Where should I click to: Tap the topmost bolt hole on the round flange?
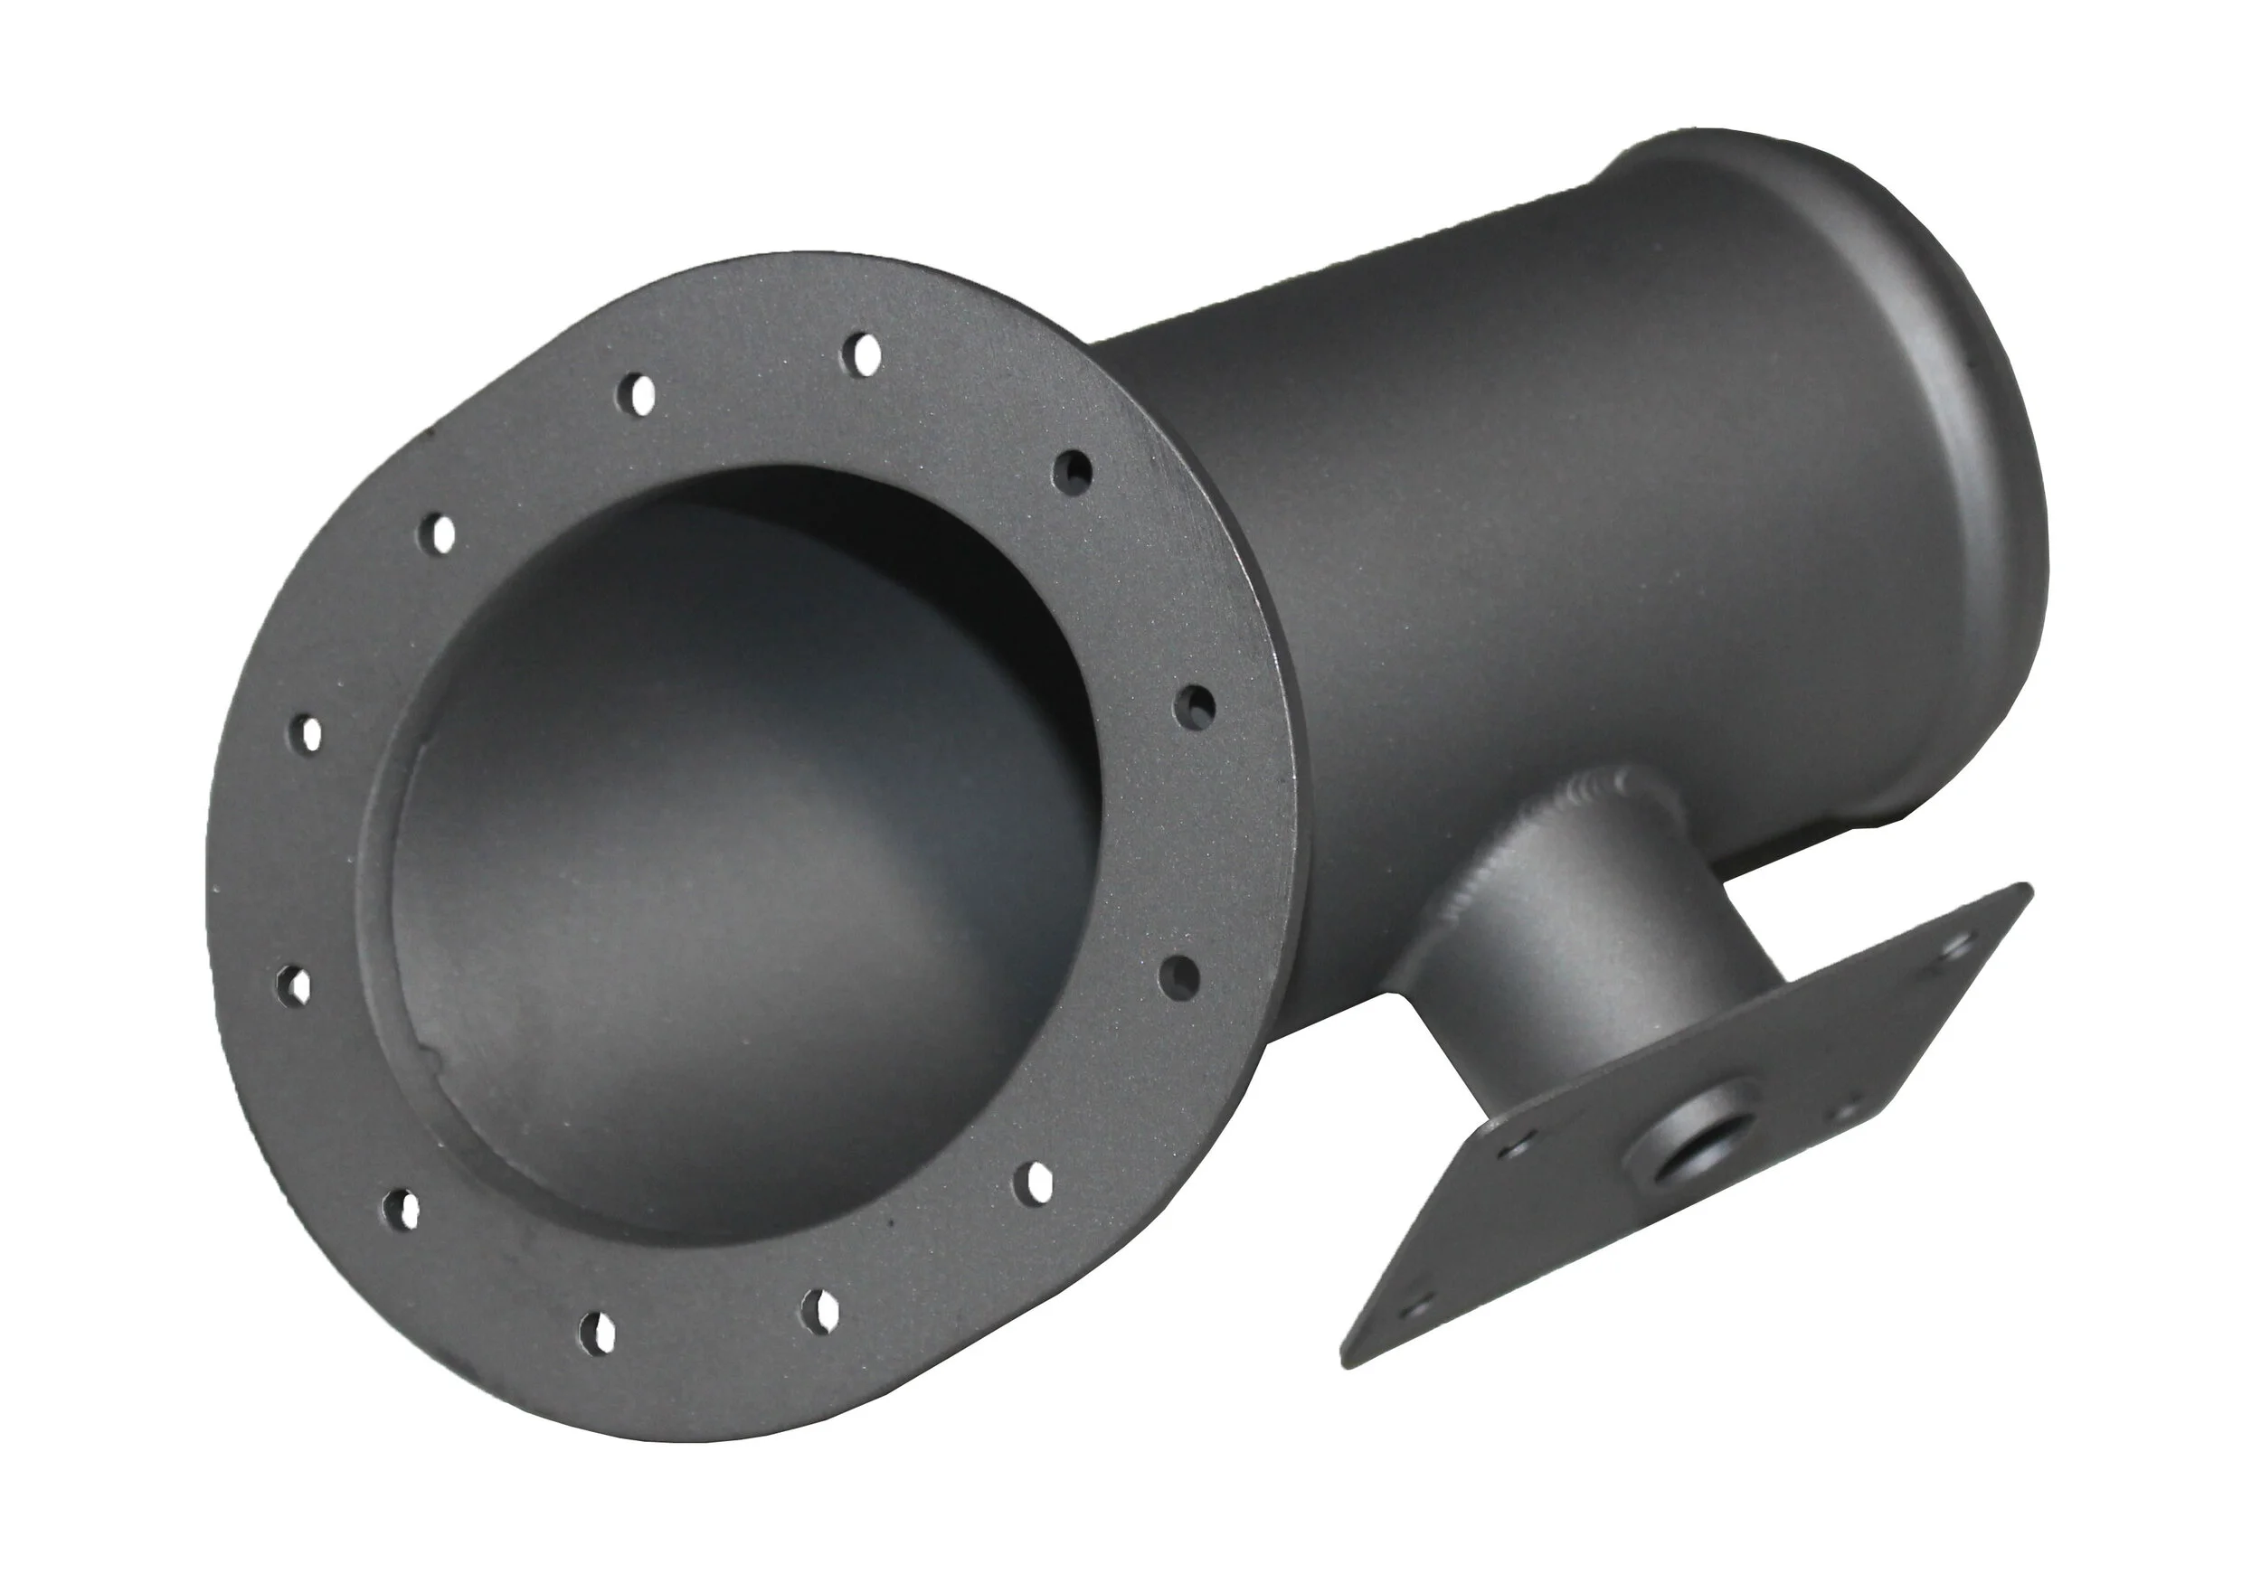coord(866,353)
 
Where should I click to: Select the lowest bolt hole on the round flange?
coord(599,1331)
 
